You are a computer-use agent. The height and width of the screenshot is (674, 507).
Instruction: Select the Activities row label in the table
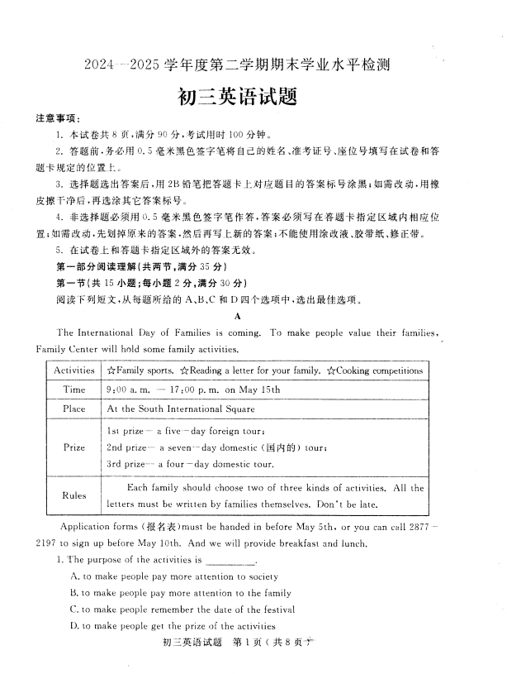[x=74, y=370]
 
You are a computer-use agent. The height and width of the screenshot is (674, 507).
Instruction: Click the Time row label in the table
[x=74, y=390]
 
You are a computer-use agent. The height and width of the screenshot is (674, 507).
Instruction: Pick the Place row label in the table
[x=74, y=409]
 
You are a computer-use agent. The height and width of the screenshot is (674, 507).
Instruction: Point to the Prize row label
[x=74, y=447]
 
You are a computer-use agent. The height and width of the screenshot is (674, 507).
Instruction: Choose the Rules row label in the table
[x=74, y=495]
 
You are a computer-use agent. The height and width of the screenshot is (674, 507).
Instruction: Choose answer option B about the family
[x=181, y=593]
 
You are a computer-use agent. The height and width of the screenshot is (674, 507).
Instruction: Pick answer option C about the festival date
[x=189, y=609]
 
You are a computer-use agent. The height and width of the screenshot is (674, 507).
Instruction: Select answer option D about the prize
[x=184, y=626]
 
